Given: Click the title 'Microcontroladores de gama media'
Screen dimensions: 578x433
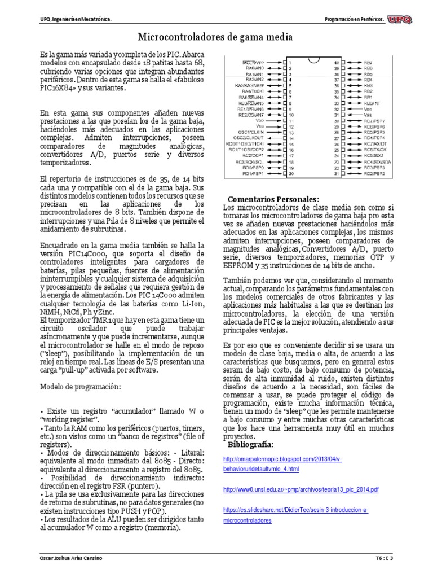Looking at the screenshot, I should click(216, 37).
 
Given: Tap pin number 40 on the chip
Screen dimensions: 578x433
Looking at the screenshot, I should click(337, 62).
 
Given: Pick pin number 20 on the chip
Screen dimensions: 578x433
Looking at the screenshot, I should click(291, 173).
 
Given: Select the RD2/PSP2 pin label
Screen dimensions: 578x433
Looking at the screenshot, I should click(374, 173).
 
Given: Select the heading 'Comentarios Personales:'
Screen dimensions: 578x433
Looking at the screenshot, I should click(273, 199).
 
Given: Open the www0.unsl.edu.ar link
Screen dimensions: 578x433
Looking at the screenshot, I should click(301, 489).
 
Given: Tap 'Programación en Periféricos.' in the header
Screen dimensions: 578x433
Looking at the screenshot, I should click(355, 20).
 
